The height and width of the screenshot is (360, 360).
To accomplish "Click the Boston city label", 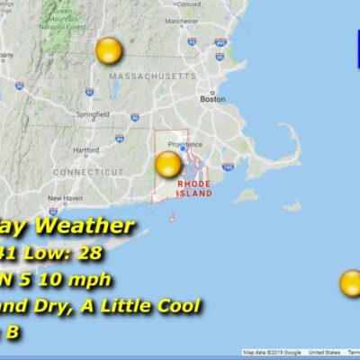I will pyautogui.click(x=212, y=100).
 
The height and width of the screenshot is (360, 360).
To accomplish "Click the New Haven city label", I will pyautogui.click(x=65, y=198).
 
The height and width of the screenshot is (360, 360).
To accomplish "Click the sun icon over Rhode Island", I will pyautogui.click(x=168, y=164).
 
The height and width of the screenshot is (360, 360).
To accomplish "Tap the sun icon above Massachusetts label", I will pyautogui.click(x=109, y=51).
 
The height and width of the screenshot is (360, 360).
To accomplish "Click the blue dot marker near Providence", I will pyautogui.click(x=183, y=148).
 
